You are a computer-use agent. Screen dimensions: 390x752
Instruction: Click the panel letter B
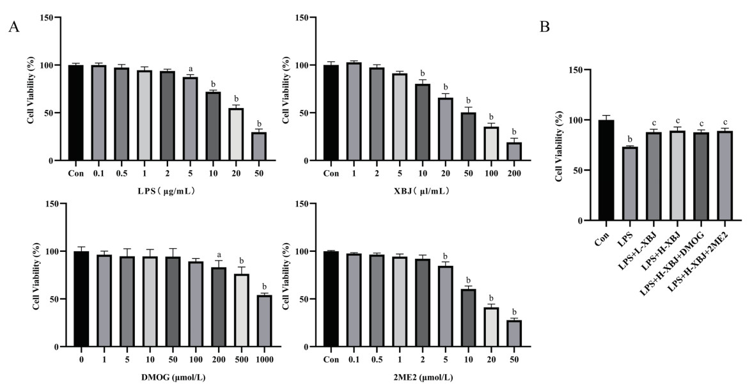coord(545,27)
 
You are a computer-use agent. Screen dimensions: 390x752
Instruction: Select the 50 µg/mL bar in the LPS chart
coord(260,146)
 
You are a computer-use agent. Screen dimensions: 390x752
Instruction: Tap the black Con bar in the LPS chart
coord(75,113)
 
